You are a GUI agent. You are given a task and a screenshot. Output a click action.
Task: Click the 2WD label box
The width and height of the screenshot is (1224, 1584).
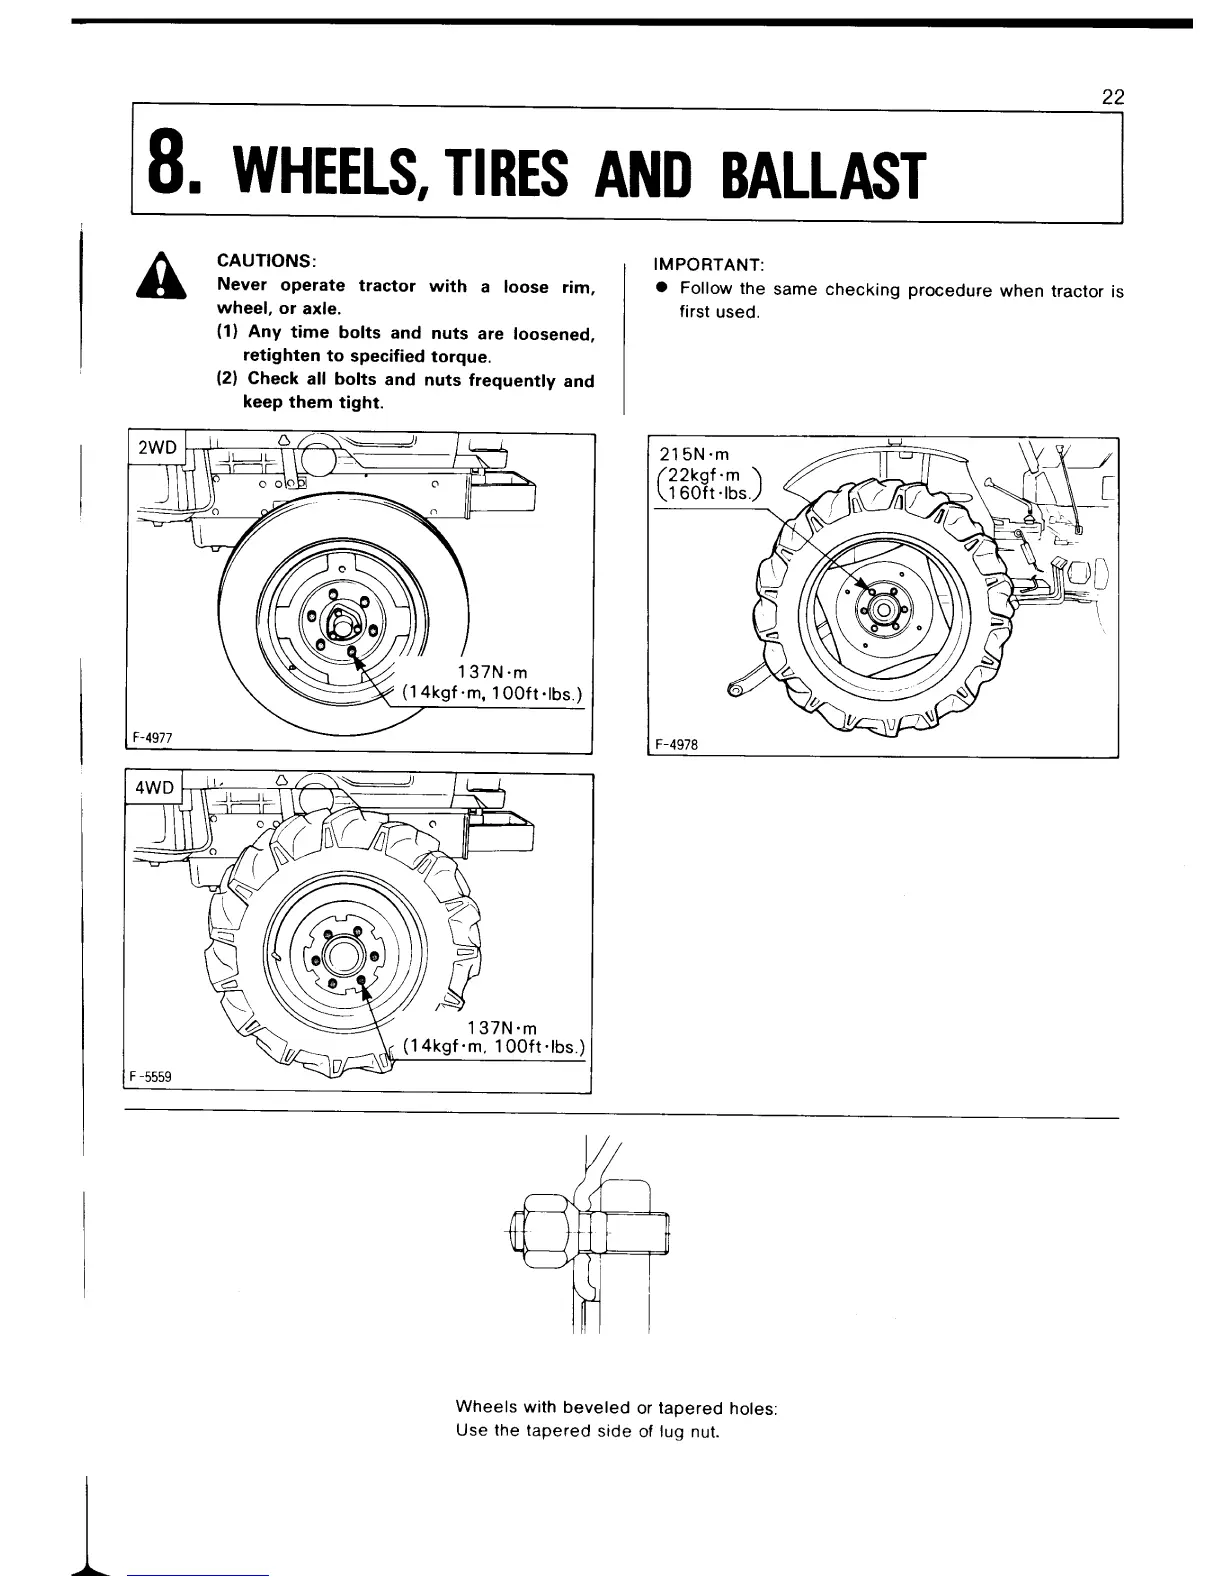pos(155,448)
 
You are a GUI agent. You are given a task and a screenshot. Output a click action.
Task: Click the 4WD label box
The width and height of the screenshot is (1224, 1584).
pos(155,787)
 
